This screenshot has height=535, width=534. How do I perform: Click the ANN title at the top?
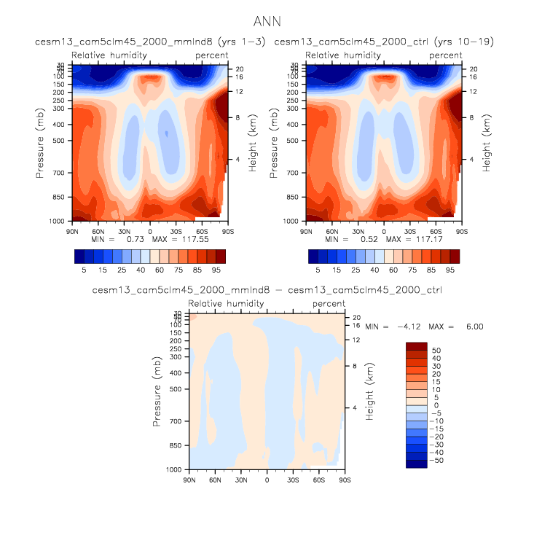click(x=267, y=22)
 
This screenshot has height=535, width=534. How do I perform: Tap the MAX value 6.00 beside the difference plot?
click(x=473, y=326)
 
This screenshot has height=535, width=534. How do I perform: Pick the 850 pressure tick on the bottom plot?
click(x=173, y=445)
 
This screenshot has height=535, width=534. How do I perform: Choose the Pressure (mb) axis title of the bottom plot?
click(x=157, y=391)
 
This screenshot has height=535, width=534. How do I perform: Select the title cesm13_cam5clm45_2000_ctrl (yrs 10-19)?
click(x=384, y=42)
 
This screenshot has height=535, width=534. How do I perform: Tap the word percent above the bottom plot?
click(x=329, y=303)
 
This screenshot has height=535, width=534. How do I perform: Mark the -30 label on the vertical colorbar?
click(x=436, y=444)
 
